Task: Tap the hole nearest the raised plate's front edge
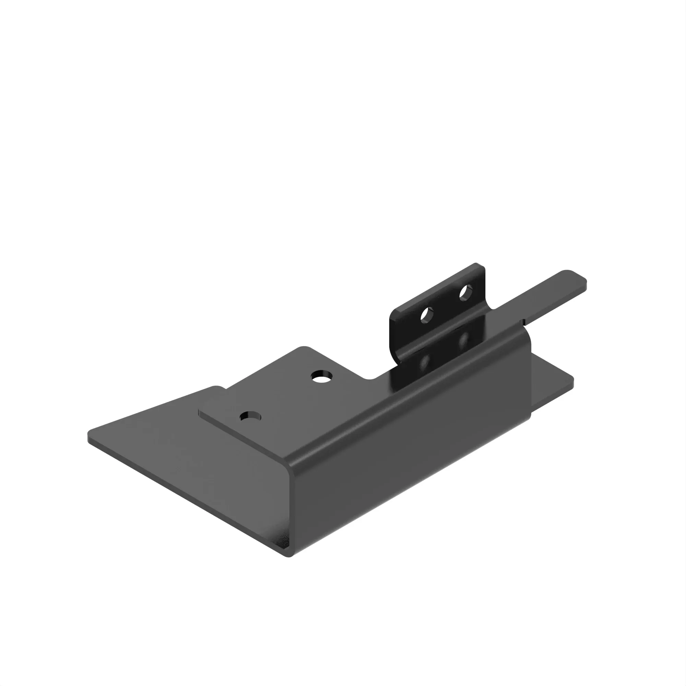[250, 416]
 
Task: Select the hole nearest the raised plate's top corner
[322, 376]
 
